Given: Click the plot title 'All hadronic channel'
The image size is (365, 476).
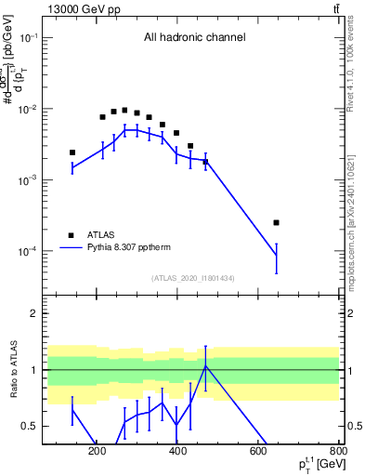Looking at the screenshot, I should click(194, 38).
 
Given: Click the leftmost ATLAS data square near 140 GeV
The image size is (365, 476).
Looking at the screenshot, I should click(72, 152).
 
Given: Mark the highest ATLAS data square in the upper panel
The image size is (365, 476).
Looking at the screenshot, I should click(124, 110).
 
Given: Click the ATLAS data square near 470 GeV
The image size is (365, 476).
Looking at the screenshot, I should click(205, 162).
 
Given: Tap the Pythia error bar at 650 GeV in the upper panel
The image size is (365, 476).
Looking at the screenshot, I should click(277, 257).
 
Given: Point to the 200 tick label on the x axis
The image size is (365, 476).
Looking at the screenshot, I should click(97, 453).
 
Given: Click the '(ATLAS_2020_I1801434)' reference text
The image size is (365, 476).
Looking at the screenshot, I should click(194, 277).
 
